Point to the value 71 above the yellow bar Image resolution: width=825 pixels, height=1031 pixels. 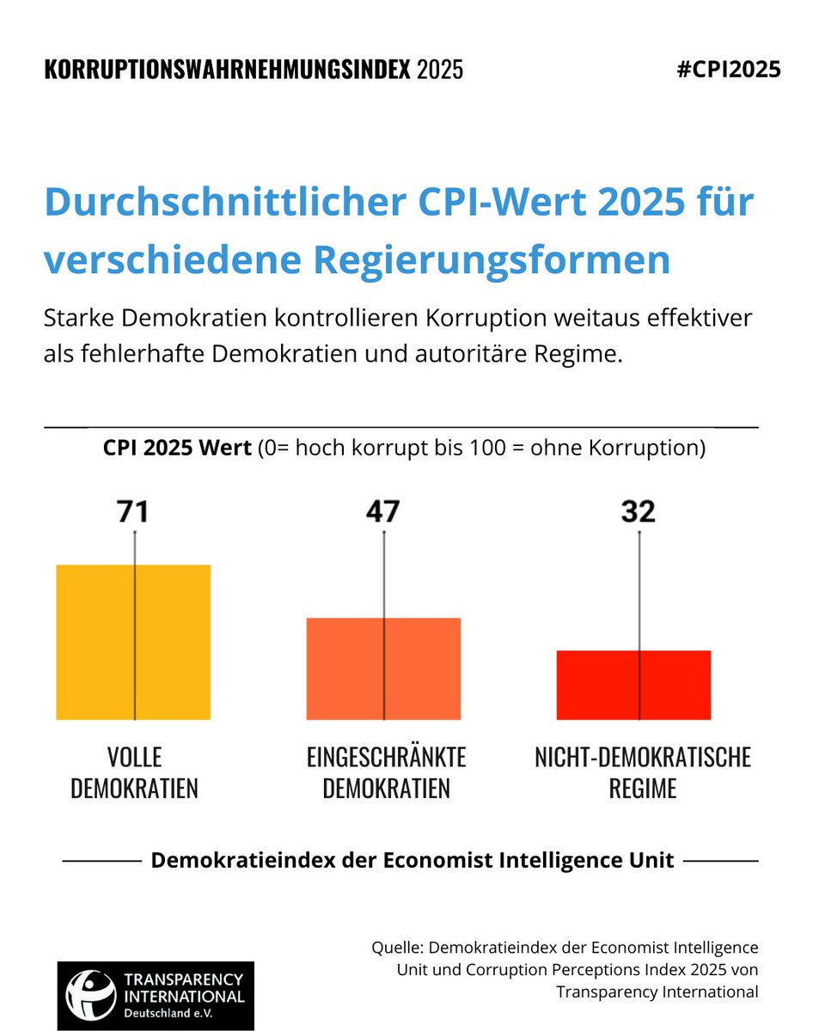[133, 512]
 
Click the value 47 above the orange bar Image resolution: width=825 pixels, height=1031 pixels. [382, 512]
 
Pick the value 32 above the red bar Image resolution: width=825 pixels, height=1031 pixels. [638, 512]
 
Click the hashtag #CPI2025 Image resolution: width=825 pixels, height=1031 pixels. [729, 70]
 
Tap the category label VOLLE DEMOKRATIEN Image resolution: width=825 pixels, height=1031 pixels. [134, 772]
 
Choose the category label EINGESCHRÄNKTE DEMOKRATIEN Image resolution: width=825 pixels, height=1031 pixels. [386, 772]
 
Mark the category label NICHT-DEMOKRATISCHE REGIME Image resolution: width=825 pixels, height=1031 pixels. [643, 772]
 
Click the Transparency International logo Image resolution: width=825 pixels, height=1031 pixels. [156, 995]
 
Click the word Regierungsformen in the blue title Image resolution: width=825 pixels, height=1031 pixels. [506, 259]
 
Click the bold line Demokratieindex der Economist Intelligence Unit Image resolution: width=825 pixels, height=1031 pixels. [412, 860]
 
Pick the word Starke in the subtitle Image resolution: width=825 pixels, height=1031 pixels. [79, 318]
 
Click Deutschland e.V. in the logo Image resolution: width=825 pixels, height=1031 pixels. [183, 1013]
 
